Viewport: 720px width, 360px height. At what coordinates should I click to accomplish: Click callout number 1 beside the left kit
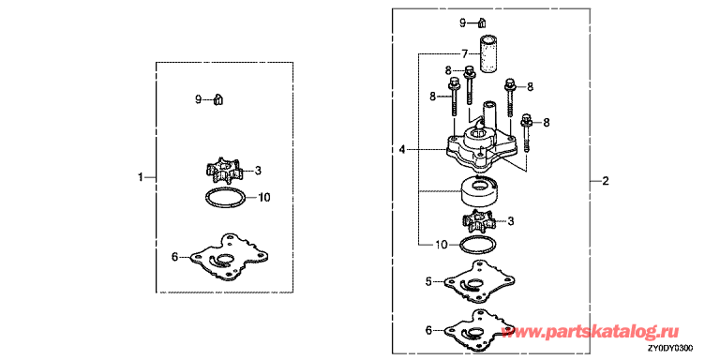[x=141, y=177]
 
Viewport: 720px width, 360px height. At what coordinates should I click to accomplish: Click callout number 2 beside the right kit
[x=606, y=181]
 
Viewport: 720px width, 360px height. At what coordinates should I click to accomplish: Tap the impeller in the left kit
[x=224, y=172]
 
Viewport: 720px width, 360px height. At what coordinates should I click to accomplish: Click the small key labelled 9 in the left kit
[x=218, y=99]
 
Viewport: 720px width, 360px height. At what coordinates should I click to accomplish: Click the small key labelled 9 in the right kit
[x=482, y=22]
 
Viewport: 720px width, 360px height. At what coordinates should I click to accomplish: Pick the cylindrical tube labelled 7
[x=488, y=53]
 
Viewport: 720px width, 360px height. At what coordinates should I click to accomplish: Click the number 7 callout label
[x=465, y=54]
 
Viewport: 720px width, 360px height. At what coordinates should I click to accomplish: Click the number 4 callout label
[x=402, y=149]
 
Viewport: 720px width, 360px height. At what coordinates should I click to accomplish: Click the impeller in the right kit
[x=481, y=222]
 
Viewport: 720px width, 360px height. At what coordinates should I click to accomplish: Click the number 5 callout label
[x=428, y=281]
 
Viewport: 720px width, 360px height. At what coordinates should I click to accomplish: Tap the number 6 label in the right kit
[x=428, y=330]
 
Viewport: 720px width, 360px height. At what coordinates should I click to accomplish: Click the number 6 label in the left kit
[x=174, y=257]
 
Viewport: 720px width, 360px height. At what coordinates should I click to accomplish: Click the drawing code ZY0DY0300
[x=670, y=348]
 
